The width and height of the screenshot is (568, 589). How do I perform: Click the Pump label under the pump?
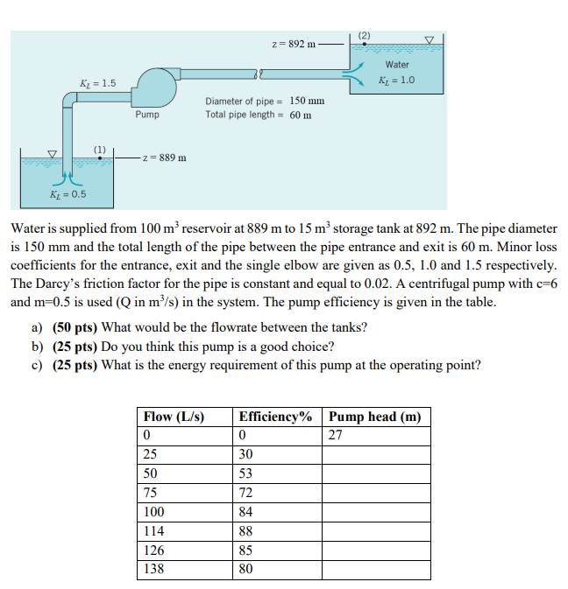(x=147, y=115)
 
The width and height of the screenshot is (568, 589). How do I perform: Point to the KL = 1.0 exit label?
(x=396, y=80)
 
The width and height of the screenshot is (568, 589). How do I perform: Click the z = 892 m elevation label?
(x=291, y=44)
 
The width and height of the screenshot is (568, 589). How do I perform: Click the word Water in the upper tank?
(x=397, y=65)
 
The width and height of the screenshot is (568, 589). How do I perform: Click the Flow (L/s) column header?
(x=174, y=417)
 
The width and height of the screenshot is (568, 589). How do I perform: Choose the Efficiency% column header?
(x=275, y=417)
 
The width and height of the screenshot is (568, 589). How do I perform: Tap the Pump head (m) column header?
(x=374, y=417)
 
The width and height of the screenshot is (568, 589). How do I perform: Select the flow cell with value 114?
(x=154, y=531)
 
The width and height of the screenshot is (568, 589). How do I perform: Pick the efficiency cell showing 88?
(x=246, y=531)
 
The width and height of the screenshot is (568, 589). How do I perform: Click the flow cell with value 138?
(x=154, y=570)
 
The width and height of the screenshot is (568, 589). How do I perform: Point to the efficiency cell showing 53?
(x=246, y=473)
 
